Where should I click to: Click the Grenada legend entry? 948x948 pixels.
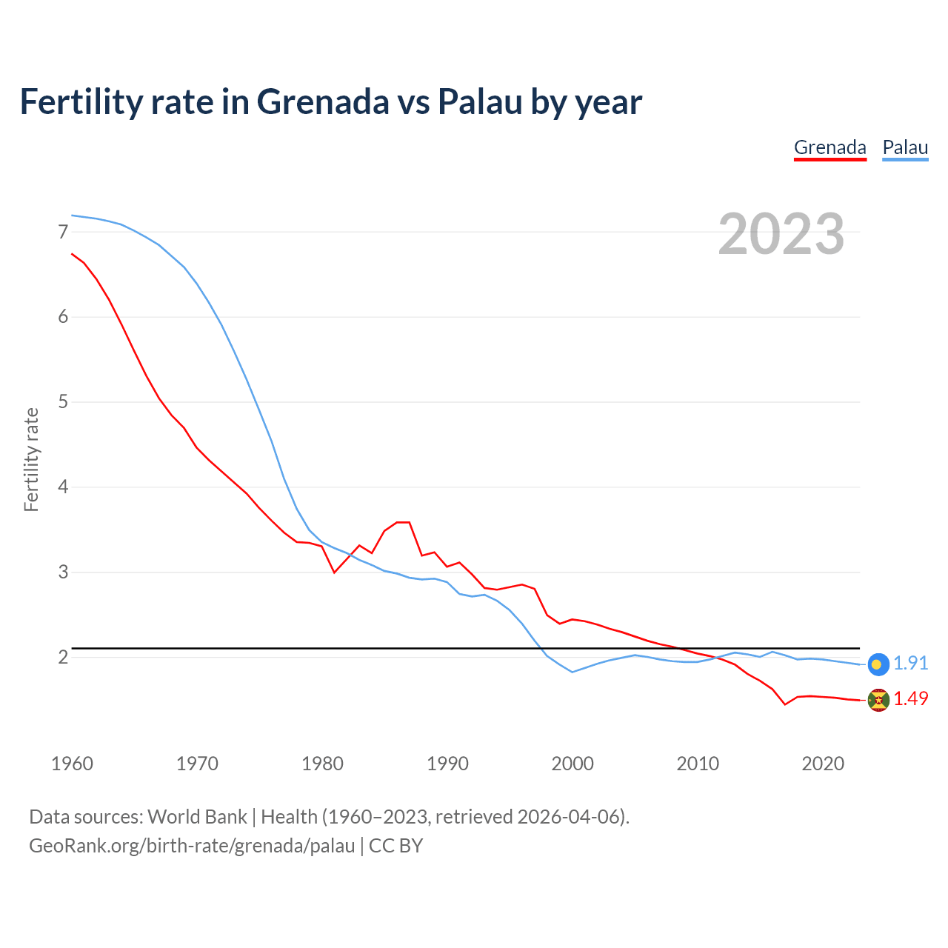(x=829, y=147)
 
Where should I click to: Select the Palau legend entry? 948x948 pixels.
(x=905, y=147)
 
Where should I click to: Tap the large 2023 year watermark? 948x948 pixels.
(x=781, y=234)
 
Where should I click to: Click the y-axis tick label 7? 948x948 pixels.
(x=63, y=233)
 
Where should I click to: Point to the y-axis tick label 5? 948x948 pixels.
(x=63, y=402)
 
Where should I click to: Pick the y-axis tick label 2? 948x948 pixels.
(x=63, y=658)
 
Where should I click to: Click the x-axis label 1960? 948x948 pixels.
(x=72, y=764)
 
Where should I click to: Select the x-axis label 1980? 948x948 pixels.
(x=322, y=764)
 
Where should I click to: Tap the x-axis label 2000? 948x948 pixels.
(x=573, y=764)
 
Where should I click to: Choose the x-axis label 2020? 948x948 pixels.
(x=823, y=764)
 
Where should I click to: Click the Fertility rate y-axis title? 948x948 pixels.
(x=31, y=459)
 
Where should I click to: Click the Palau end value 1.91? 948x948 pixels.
(x=910, y=664)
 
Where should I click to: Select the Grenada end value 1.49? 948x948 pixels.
(x=910, y=699)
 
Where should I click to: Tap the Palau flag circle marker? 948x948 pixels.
(x=878, y=664)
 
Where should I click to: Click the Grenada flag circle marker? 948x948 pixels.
(x=878, y=700)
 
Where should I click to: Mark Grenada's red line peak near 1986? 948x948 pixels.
(x=404, y=522)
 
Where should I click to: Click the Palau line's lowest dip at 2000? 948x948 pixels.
(x=573, y=672)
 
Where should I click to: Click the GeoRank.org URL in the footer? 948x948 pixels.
(x=192, y=846)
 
